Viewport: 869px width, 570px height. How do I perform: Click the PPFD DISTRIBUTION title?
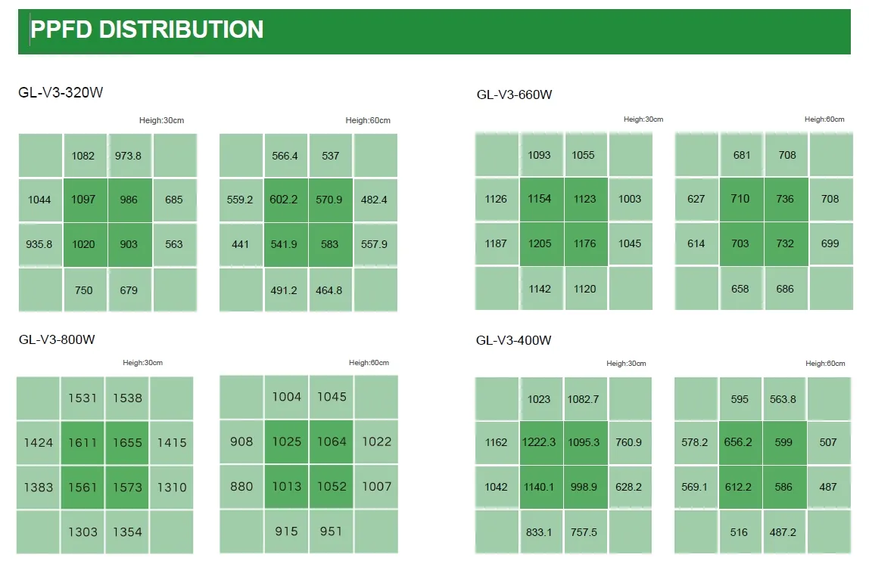[147, 29]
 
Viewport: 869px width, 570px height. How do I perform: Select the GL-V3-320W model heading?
[61, 93]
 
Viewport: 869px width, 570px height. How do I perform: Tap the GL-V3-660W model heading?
[514, 94]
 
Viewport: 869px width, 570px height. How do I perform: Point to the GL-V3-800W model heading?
[57, 339]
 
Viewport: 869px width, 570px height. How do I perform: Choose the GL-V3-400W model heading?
[514, 340]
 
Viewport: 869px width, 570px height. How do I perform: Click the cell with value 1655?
[127, 443]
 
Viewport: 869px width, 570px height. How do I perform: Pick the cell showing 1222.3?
[540, 442]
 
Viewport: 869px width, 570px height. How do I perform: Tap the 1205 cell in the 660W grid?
[540, 243]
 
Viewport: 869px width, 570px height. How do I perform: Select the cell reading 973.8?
[129, 156]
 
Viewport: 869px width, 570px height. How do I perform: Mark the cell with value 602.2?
[285, 200]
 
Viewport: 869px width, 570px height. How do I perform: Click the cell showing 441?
[241, 244]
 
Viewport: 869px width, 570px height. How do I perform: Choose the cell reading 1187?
[497, 243]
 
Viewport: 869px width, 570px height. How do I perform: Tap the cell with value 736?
[785, 199]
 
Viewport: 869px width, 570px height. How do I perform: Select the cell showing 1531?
[83, 398]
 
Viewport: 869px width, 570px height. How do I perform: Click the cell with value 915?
[286, 531]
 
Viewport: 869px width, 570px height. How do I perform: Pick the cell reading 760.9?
[629, 442]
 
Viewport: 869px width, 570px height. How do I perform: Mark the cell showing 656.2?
[738, 442]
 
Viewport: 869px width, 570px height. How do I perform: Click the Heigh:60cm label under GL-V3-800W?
[369, 363]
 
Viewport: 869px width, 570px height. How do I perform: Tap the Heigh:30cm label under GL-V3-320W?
[161, 120]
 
